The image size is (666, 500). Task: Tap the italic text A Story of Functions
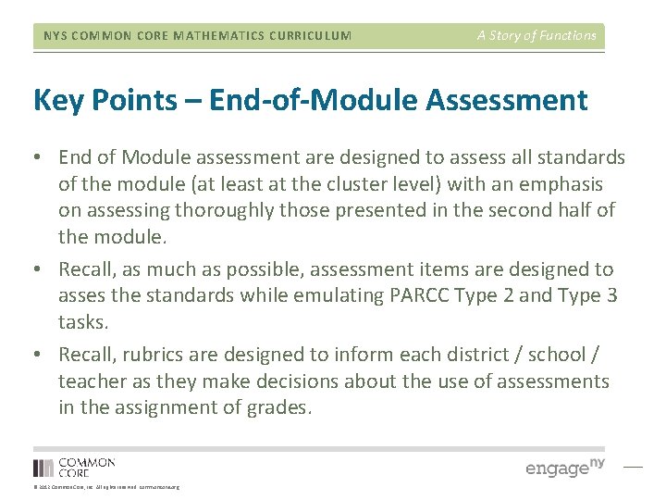click(x=536, y=35)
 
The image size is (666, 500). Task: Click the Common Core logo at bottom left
click(x=74, y=468)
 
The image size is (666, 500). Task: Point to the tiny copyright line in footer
click(x=106, y=487)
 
